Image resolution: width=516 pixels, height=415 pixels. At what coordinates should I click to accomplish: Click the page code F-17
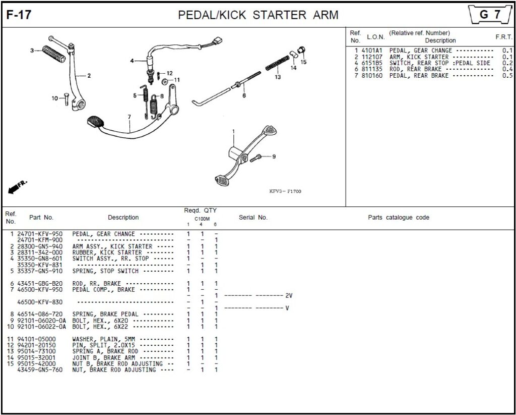[19, 15]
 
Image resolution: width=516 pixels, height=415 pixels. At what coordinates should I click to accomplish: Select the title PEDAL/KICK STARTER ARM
[258, 15]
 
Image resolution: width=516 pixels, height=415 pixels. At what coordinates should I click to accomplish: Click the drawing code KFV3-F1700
[285, 191]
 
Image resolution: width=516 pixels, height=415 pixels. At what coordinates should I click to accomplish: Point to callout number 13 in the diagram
[278, 77]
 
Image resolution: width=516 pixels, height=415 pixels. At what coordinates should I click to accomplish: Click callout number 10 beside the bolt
[55, 98]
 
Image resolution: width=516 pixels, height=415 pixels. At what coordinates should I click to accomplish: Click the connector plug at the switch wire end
[217, 41]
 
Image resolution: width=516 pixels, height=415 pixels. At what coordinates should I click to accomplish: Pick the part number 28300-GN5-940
[40, 246]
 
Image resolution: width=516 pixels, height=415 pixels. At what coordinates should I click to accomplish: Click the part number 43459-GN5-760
[40, 370]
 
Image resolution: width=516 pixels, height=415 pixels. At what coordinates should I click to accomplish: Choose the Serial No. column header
[253, 218]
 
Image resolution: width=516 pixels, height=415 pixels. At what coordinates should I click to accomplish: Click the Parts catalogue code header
[398, 218]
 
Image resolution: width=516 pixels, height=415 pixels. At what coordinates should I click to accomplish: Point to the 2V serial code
[289, 296]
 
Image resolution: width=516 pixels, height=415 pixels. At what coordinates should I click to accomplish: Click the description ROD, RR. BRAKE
[97, 284]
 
